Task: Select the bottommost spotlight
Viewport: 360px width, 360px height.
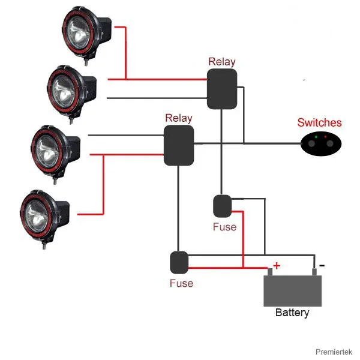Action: tap(44, 218)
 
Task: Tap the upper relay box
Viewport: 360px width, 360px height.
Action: tap(222, 89)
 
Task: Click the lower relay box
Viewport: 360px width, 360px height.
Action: tap(179, 145)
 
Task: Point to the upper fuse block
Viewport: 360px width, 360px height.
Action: tap(222, 206)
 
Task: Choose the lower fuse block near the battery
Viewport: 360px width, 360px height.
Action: tap(179, 262)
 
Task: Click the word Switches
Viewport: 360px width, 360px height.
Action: tap(319, 122)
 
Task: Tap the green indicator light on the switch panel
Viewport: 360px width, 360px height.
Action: tap(316, 137)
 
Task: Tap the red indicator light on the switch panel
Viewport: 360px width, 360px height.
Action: tap(325, 137)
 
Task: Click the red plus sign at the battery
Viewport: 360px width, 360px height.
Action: tap(277, 266)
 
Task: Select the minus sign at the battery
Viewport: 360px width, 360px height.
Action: tap(322, 266)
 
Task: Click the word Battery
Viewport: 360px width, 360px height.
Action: tap(292, 313)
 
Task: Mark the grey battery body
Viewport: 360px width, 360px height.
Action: tap(293, 291)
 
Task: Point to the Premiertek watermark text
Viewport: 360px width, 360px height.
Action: tap(334, 352)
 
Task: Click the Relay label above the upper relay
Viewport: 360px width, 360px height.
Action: tap(222, 62)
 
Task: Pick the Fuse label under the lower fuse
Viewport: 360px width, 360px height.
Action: tap(181, 283)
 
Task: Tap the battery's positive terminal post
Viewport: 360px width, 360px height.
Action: tap(270, 272)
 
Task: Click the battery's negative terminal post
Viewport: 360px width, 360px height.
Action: tap(314, 272)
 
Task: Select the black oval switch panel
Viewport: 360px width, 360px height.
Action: tap(321, 144)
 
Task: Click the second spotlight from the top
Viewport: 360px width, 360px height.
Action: tap(71, 94)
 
